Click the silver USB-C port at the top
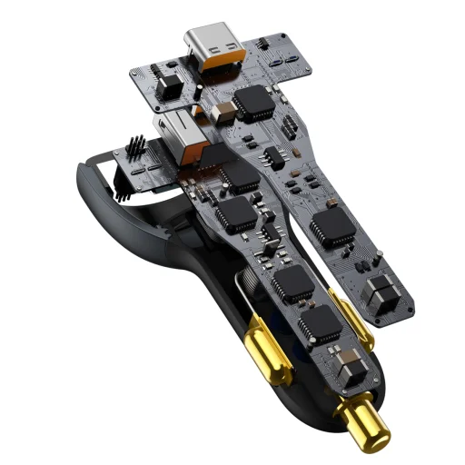pos(213,43)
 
